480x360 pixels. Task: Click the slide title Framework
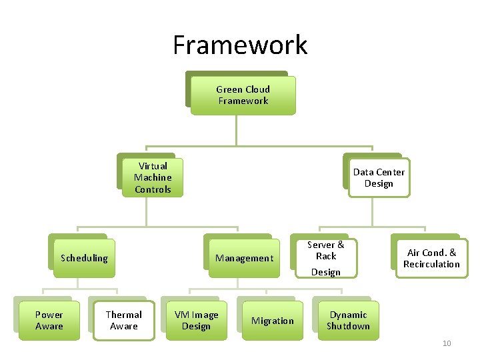coord(240,45)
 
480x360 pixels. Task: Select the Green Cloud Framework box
coord(243,95)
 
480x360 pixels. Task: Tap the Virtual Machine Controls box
coord(153,177)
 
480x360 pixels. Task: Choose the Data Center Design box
coord(379,177)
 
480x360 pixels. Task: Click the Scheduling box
coord(84,258)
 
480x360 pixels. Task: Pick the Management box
coord(244,258)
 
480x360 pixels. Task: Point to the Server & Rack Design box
coord(326,258)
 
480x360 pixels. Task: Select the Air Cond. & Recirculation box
coord(431,258)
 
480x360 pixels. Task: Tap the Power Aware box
coord(49,321)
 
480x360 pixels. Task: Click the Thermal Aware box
coord(124,321)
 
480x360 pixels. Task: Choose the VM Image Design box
coord(196,321)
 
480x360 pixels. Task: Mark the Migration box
coord(272,321)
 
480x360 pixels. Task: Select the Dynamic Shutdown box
coord(348,321)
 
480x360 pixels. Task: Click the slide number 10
coord(447,343)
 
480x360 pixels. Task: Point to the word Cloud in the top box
coord(257,89)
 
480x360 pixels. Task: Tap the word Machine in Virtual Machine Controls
coord(153,177)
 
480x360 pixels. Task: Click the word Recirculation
coord(431,264)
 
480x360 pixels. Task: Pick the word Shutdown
coord(348,326)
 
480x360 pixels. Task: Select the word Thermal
coord(124,315)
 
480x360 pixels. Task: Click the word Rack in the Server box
coord(326,256)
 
